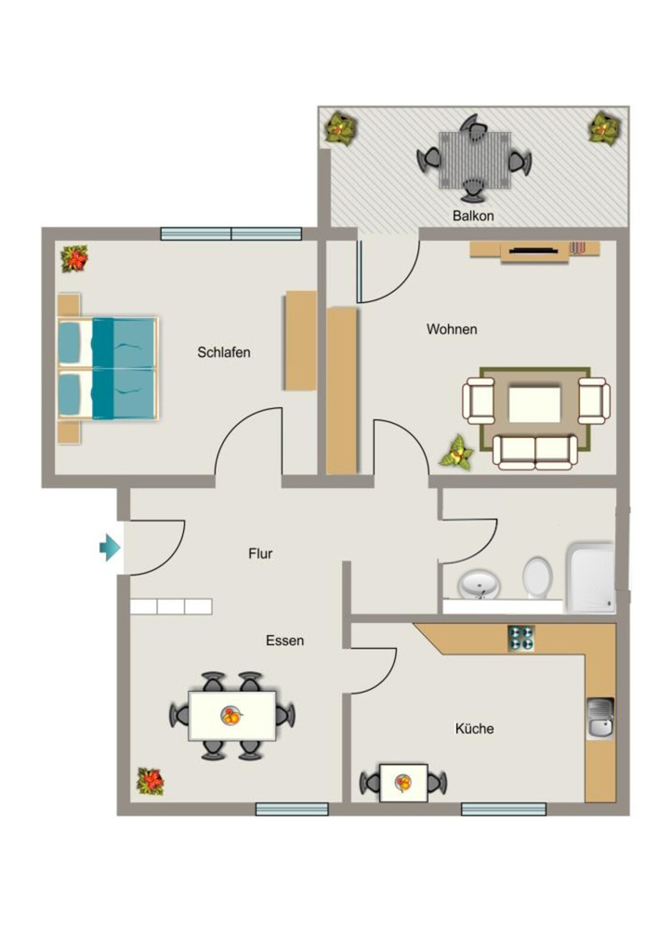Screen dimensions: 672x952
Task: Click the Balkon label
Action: pos(473,216)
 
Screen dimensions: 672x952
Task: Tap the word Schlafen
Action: pos(223,352)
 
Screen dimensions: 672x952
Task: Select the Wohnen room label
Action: pos(452,329)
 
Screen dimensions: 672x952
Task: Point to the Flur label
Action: pos(260,553)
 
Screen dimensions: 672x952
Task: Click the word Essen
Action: pos(284,641)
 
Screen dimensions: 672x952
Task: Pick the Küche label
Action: pos(474,728)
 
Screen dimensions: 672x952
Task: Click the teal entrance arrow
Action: pos(110,548)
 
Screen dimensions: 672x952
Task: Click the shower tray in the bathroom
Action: pos(590,577)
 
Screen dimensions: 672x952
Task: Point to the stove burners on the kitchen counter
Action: pos(521,639)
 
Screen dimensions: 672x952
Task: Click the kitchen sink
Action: pos(600,719)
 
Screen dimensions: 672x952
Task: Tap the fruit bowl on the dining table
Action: pos(231,716)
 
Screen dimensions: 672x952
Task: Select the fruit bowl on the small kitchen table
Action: pos(402,783)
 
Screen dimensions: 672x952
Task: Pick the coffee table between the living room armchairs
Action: pos(534,403)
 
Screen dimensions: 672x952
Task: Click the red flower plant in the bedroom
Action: pos(74,258)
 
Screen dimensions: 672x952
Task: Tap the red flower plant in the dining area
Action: pos(150,781)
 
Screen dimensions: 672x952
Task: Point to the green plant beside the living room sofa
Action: pos(456,453)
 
